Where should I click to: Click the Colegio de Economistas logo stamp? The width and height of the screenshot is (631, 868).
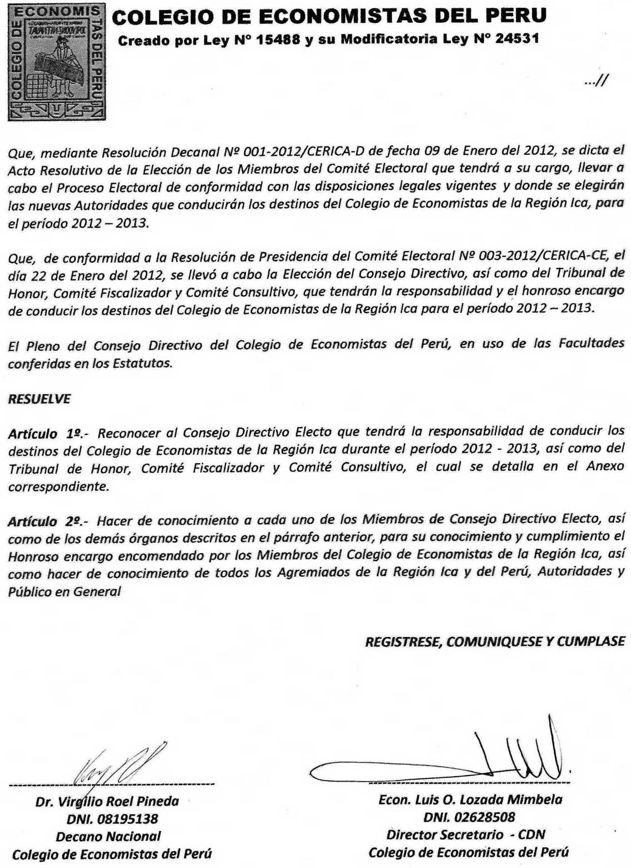pyautogui.click(x=56, y=62)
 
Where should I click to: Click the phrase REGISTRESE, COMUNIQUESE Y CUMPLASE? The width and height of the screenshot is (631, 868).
pyautogui.click(x=495, y=641)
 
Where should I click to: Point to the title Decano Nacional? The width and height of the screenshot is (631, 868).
pyautogui.click(x=108, y=836)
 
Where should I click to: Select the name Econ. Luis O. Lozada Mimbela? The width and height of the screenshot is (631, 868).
pyautogui.click(x=470, y=800)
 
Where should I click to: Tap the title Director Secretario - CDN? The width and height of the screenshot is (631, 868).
pyautogui.click(x=466, y=835)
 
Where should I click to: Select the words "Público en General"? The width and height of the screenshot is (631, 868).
pyautogui.click(x=65, y=591)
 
